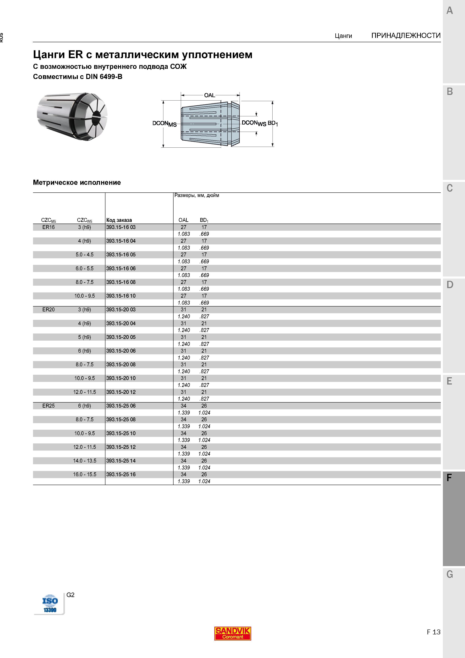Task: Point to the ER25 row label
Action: click(x=48, y=406)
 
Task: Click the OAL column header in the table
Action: click(x=183, y=220)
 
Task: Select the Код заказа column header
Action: click(x=119, y=220)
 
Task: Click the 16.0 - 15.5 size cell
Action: click(x=85, y=475)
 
